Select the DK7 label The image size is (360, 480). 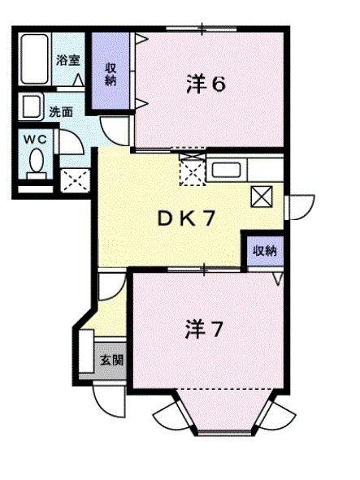185,217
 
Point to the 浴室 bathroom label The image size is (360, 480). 67,59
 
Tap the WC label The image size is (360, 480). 33,138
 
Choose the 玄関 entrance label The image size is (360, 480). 111,358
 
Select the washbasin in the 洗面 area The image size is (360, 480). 33,106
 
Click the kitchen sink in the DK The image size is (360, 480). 224,171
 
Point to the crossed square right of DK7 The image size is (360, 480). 262,196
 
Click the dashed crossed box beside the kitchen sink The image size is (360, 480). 193,171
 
